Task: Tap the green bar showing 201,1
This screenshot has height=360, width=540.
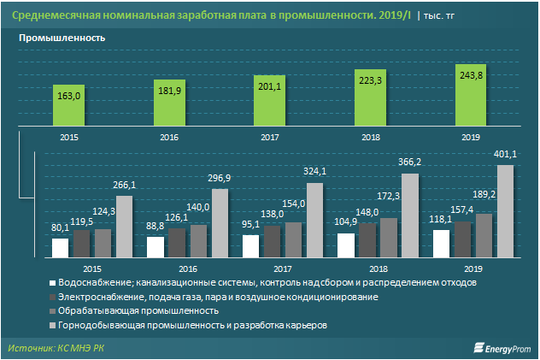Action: click(x=271, y=99)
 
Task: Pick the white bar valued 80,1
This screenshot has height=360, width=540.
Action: click(x=60, y=247)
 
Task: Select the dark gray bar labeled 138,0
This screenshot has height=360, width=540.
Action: click(x=272, y=240)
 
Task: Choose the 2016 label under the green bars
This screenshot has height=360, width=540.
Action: click(x=169, y=137)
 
